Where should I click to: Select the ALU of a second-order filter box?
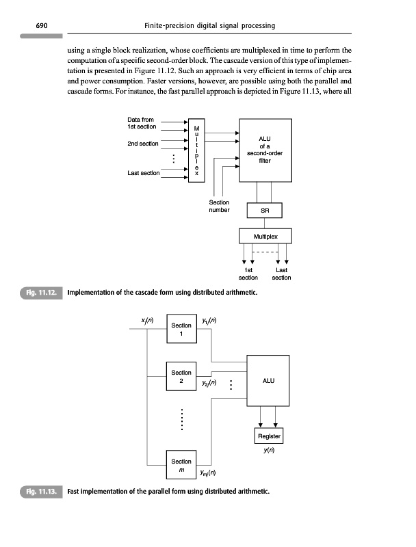(x=264, y=150)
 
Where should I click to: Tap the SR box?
(x=264, y=211)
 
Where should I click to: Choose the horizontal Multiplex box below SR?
(x=264, y=237)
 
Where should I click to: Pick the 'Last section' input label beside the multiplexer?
(x=143, y=173)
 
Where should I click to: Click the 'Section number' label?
(x=218, y=206)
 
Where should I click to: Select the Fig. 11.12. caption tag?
(x=40, y=293)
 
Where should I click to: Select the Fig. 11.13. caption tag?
(x=40, y=492)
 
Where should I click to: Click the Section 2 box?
(x=181, y=377)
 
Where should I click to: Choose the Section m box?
(x=181, y=466)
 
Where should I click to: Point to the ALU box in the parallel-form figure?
(x=268, y=381)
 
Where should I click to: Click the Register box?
(x=268, y=436)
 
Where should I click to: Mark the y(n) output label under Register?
(x=268, y=451)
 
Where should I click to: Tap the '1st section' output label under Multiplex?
(x=248, y=274)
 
